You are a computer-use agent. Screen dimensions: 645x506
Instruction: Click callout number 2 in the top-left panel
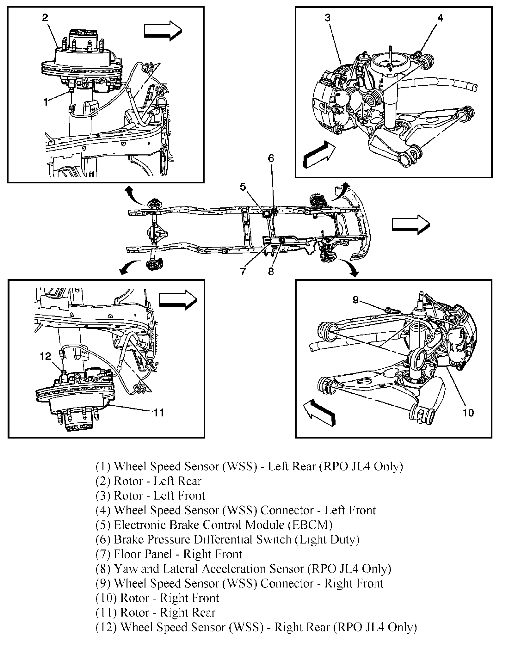point(45,18)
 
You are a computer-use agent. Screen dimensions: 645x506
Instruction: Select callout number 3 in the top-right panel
point(327,18)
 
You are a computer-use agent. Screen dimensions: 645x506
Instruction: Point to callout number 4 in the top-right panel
point(440,18)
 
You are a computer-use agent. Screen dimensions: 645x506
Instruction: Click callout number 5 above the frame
point(243,187)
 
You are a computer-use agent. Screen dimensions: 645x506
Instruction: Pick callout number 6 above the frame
point(271,158)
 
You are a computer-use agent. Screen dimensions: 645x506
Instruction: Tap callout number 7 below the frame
point(243,271)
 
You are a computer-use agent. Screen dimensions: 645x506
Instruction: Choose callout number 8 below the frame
point(271,271)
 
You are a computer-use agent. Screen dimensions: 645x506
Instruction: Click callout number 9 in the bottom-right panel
point(356,299)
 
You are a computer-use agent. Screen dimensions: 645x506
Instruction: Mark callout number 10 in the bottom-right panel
point(468,413)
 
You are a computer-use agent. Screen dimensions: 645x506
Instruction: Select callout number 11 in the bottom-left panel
point(158,413)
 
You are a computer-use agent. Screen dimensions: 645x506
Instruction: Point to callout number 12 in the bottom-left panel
point(46,356)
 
